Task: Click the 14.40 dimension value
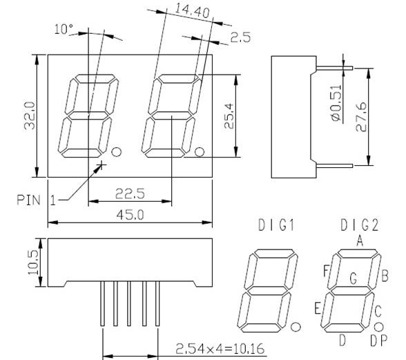click(x=192, y=11)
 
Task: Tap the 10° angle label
click(x=64, y=29)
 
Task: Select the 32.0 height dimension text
click(x=30, y=115)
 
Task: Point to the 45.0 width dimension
click(x=130, y=215)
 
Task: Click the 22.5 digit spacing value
click(x=130, y=193)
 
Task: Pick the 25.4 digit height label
click(x=229, y=116)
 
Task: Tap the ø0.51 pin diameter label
click(x=336, y=103)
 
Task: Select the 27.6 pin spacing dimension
click(x=361, y=117)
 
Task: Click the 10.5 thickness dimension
click(x=33, y=263)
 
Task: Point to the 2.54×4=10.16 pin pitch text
click(x=220, y=348)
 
